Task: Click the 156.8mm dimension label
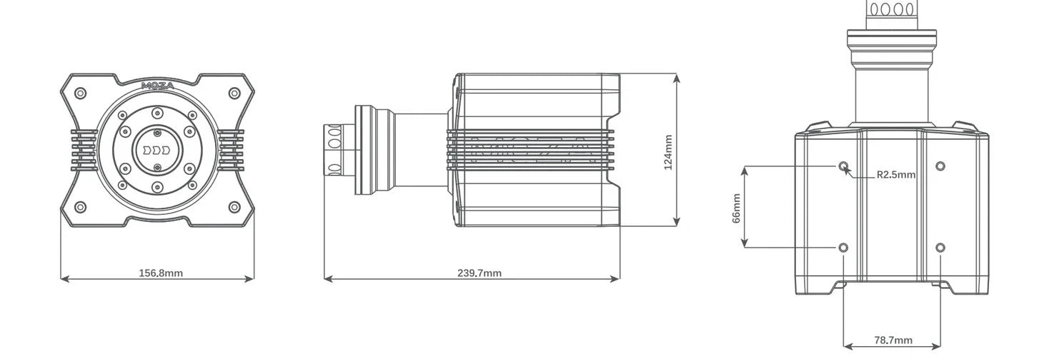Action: tap(160, 273)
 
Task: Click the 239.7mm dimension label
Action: tap(479, 273)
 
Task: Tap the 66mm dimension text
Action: tap(736, 208)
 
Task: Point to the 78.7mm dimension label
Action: tap(893, 340)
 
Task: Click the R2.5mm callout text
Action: tap(895, 175)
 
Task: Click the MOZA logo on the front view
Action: tap(157, 86)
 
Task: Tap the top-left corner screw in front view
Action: tap(81, 93)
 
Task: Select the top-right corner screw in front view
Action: tap(234, 93)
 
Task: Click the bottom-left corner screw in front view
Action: tap(81, 208)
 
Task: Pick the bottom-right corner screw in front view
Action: tap(234, 208)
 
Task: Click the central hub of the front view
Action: tap(157, 151)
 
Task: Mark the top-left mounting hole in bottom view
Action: tap(844, 166)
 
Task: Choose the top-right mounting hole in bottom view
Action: tap(940, 166)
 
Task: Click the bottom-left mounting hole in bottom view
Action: tap(844, 248)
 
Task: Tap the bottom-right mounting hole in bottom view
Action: tap(940, 248)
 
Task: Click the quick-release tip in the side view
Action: tap(334, 149)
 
